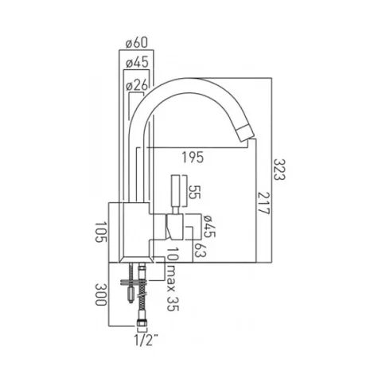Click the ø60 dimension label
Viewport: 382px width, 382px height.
tap(135, 43)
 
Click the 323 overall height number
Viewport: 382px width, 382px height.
tap(278, 170)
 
